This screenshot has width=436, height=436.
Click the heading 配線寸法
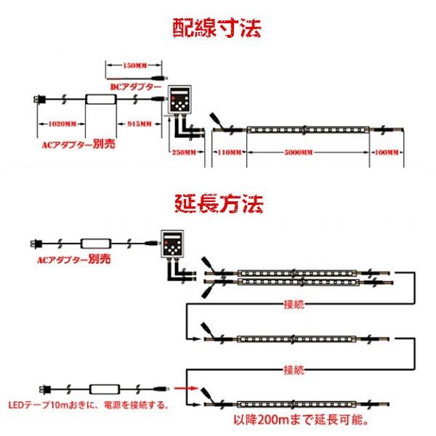tap(217, 28)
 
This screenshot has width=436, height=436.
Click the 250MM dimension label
tap(184, 152)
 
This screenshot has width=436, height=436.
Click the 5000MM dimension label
tap(299, 152)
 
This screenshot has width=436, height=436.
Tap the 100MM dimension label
tap(385, 152)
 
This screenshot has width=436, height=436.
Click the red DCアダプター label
tap(136, 86)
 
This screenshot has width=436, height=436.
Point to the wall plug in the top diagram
tap(38, 100)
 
